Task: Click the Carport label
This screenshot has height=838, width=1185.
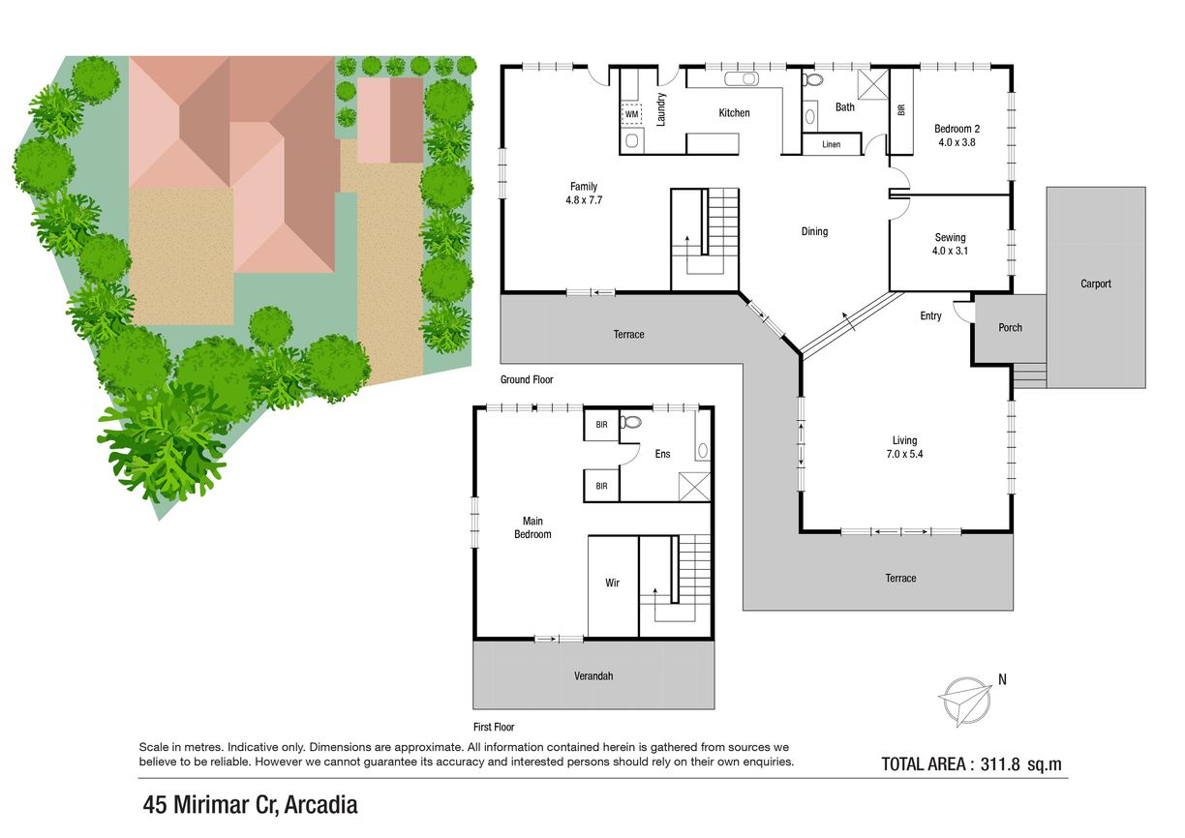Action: (1096, 284)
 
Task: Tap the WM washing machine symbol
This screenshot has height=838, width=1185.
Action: (631, 114)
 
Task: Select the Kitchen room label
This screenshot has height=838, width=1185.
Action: (734, 112)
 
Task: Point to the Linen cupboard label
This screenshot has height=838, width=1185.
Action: (831, 144)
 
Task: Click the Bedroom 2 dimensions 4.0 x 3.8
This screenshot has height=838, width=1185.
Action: (957, 142)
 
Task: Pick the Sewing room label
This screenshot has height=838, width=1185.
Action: (950, 237)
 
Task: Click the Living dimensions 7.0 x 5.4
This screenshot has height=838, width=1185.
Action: (904, 454)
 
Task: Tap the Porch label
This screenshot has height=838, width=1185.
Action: (1010, 328)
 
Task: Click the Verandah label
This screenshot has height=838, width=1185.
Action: (593, 675)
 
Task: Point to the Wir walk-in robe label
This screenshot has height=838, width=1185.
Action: (612, 583)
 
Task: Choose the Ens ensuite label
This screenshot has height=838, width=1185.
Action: (662, 454)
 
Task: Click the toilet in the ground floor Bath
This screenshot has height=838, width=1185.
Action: (813, 80)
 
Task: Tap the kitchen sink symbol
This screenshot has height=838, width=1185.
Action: (742, 78)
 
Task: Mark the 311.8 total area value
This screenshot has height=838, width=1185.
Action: (1000, 764)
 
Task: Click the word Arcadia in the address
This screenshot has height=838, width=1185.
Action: (321, 805)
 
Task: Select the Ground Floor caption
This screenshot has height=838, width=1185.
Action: (527, 379)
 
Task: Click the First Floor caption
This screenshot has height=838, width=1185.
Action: (494, 727)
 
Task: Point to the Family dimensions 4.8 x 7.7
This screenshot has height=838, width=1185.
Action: (584, 200)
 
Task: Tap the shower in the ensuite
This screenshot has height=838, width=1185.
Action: (694, 487)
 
